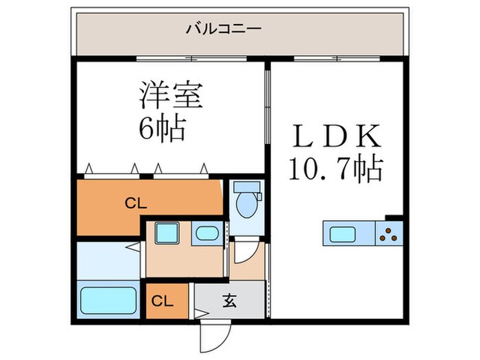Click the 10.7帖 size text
(x=336, y=169)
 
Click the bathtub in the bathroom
(x=108, y=300)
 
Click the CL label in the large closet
(x=135, y=203)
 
